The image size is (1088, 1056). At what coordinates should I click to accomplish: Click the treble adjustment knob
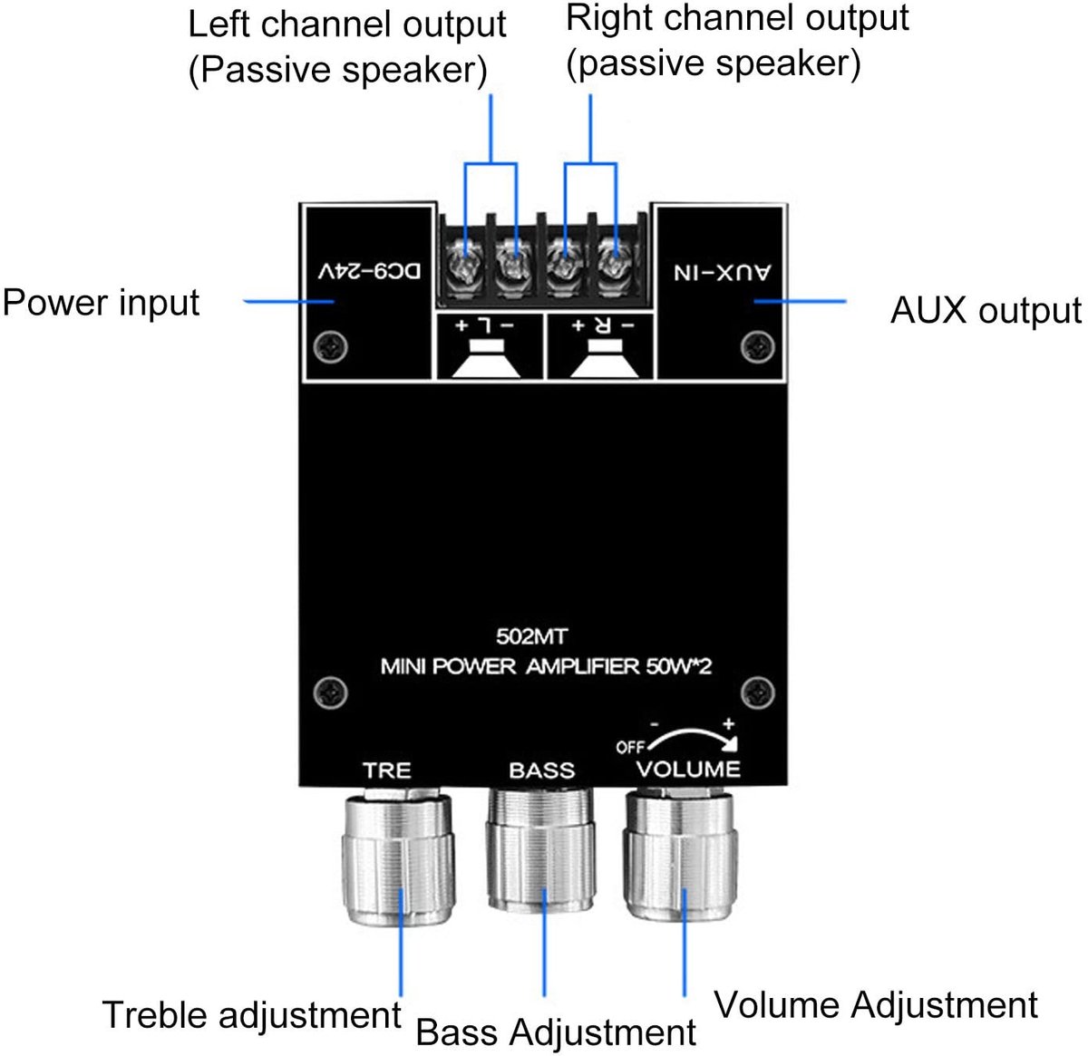(397, 860)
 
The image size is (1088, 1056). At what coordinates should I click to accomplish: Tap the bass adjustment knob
(540, 849)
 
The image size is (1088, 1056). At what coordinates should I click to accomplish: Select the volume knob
(680, 856)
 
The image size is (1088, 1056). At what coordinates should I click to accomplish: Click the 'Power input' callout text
(102, 303)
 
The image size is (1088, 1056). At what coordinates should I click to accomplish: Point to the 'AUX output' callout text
(986, 310)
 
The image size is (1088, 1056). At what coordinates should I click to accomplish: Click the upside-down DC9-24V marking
(370, 272)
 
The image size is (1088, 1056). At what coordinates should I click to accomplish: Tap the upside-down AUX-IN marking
(723, 273)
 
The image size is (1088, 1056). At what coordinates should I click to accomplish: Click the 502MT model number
(531, 636)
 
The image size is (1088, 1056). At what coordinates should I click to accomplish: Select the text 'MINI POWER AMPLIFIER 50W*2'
(546, 667)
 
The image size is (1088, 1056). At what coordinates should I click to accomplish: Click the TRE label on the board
(387, 770)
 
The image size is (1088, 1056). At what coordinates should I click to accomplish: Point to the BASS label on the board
(542, 770)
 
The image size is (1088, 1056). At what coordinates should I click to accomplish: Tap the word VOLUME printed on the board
(688, 770)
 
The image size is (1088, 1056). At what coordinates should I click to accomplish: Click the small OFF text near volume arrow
(630, 748)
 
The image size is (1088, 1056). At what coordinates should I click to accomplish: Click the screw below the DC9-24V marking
(330, 347)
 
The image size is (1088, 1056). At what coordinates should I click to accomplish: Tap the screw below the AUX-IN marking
(758, 347)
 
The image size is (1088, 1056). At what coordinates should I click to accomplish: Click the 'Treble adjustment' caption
(251, 1015)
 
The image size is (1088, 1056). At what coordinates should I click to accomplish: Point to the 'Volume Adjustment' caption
(876, 1005)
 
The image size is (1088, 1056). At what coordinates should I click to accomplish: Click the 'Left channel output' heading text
(346, 24)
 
